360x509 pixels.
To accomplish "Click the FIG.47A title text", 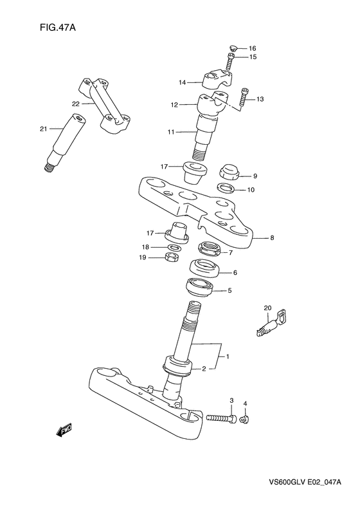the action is tap(58, 28).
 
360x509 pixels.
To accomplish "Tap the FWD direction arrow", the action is tap(64, 430).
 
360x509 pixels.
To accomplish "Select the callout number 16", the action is tap(253, 48).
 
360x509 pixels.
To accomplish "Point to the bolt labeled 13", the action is tap(244, 97).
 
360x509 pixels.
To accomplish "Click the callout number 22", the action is tap(76, 104).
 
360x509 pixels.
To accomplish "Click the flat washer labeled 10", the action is tap(226, 188).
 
